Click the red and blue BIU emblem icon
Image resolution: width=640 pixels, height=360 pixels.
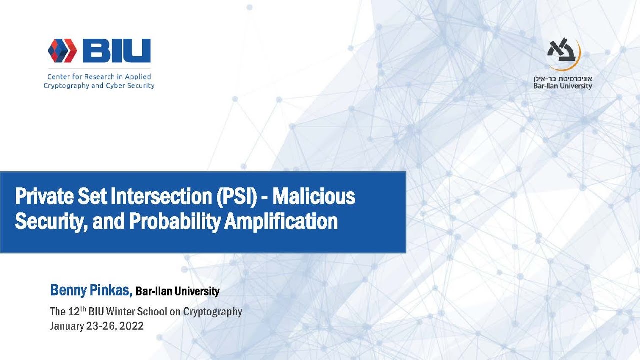click(62, 50)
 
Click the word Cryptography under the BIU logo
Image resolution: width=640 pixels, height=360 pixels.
click(66, 85)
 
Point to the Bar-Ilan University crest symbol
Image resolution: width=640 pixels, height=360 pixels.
click(563, 53)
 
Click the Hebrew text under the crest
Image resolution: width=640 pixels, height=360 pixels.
click(563, 78)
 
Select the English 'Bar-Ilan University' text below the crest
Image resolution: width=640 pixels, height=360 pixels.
click(563, 86)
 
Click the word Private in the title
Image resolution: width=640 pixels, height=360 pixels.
click(40, 197)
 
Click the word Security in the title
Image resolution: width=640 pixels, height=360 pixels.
click(45, 221)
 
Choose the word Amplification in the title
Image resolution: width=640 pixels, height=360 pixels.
click(281, 221)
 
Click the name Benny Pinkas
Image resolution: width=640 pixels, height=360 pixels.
click(91, 290)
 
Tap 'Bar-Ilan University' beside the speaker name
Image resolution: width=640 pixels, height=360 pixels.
click(177, 291)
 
